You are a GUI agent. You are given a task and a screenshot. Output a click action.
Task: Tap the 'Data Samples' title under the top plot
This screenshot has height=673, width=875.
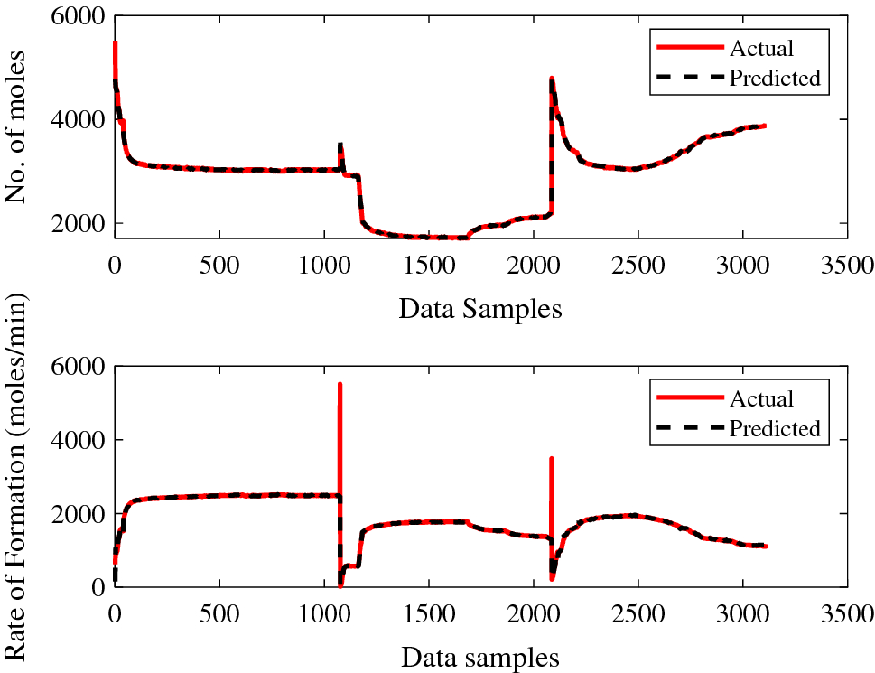click(479, 309)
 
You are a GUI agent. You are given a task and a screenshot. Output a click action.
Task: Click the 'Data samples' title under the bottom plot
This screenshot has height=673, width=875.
click(479, 657)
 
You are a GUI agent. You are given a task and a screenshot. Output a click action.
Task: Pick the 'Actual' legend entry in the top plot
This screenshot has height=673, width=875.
click(761, 48)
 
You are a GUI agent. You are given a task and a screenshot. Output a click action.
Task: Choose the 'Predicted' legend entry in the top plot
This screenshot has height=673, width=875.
click(775, 79)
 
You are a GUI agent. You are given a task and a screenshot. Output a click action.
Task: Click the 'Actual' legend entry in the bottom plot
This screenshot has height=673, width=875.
click(761, 398)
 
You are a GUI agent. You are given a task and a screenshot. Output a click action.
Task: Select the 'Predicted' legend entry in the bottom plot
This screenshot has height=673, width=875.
click(775, 428)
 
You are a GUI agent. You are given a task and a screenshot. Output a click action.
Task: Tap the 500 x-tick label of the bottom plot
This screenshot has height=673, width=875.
click(219, 615)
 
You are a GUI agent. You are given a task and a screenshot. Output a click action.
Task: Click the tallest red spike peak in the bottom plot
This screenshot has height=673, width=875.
click(340, 384)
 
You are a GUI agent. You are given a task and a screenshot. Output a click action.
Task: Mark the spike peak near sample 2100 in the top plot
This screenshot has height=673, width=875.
click(551, 79)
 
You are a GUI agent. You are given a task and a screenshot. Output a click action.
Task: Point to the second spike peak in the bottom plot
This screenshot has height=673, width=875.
click(551, 459)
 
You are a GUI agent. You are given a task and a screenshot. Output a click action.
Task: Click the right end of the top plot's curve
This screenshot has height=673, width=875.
click(765, 126)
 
